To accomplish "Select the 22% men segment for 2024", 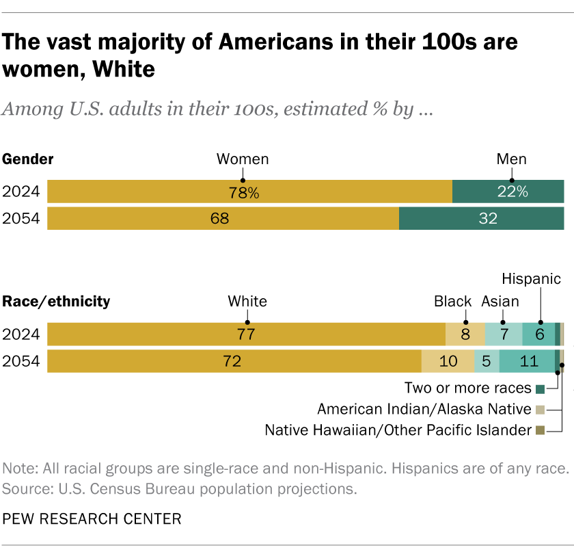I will click(508, 192).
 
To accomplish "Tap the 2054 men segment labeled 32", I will click(481, 219).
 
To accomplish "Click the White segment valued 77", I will click(246, 334).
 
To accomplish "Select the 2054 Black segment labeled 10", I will click(448, 361).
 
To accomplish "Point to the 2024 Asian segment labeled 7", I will click(503, 334).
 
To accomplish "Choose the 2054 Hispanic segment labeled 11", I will click(527, 361).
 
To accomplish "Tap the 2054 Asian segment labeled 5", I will click(486, 361).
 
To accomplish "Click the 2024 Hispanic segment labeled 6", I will click(539, 334).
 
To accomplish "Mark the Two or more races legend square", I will click(540, 389).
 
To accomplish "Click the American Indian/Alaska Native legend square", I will click(540, 410).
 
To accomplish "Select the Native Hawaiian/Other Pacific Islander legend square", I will click(540, 430).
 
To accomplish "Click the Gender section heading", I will click(29, 159).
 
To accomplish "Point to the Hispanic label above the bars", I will click(531, 279).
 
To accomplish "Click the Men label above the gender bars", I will click(511, 159).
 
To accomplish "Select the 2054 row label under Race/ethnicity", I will click(21, 361).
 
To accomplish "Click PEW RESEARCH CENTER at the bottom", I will click(92, 519).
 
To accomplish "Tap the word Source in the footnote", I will click(24, 489).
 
